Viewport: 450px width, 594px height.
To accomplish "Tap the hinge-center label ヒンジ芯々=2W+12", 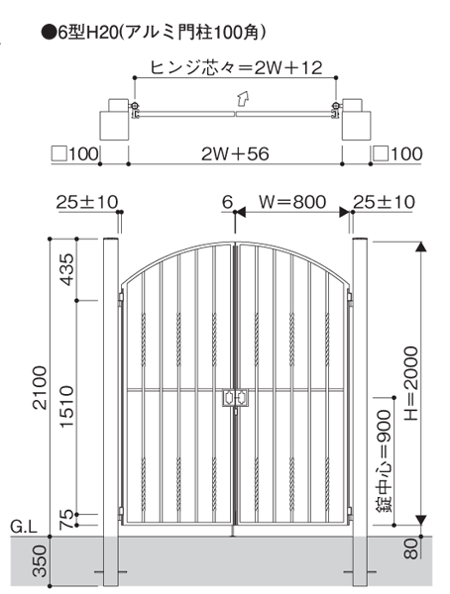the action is click(x=236, y=67).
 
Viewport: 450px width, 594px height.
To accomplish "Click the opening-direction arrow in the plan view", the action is click(x=243, y=98).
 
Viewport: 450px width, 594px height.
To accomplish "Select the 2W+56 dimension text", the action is click(x=235, y=153).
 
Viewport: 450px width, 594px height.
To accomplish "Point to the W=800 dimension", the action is click(x=292, y=202).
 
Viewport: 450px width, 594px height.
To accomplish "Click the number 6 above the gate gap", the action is click(x=227, y=202).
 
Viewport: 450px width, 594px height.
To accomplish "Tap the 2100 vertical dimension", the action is click(x=40, y=387).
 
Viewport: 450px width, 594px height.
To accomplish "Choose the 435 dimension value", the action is click(x=67, y=269).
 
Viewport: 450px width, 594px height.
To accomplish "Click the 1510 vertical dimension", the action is click(x=67, y=407).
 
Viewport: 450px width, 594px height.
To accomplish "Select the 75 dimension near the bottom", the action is click(x=66, y=520).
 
